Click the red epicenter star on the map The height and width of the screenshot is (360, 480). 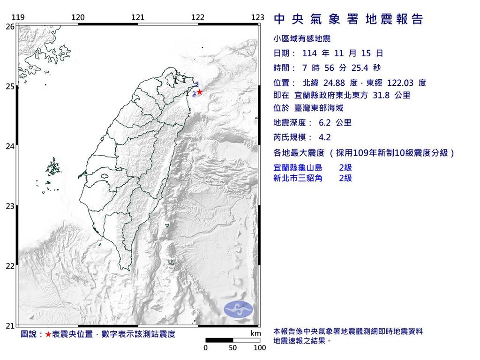200,92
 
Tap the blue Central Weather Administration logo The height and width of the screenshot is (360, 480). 238,308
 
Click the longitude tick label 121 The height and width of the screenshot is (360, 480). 138,18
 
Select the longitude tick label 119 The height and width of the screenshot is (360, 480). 18,18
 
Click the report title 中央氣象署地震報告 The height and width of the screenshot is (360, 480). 348,19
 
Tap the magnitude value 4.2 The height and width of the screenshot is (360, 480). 324,138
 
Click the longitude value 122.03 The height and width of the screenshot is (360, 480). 400,83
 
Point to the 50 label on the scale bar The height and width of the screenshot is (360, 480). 233,348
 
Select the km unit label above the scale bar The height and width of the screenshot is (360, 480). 255,333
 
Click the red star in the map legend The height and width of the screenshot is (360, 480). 48,334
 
